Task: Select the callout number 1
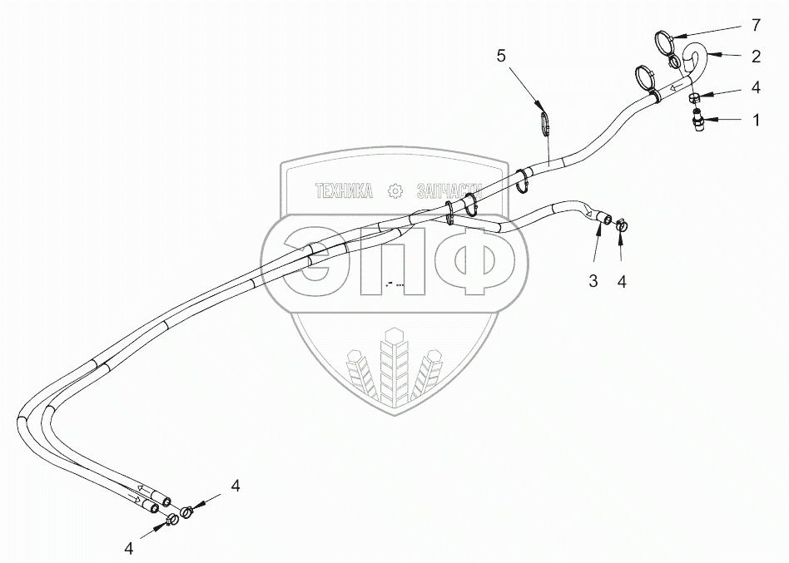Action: point(757,120)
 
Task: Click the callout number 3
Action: point(593,281)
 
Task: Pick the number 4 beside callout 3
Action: point(622,281)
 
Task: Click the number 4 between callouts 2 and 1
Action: point(757,86)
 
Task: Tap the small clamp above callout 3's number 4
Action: point(622,223)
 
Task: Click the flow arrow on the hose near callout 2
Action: point(677,86)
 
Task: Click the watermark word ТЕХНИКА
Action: point(343,191)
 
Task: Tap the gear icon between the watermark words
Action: point(395,191)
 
